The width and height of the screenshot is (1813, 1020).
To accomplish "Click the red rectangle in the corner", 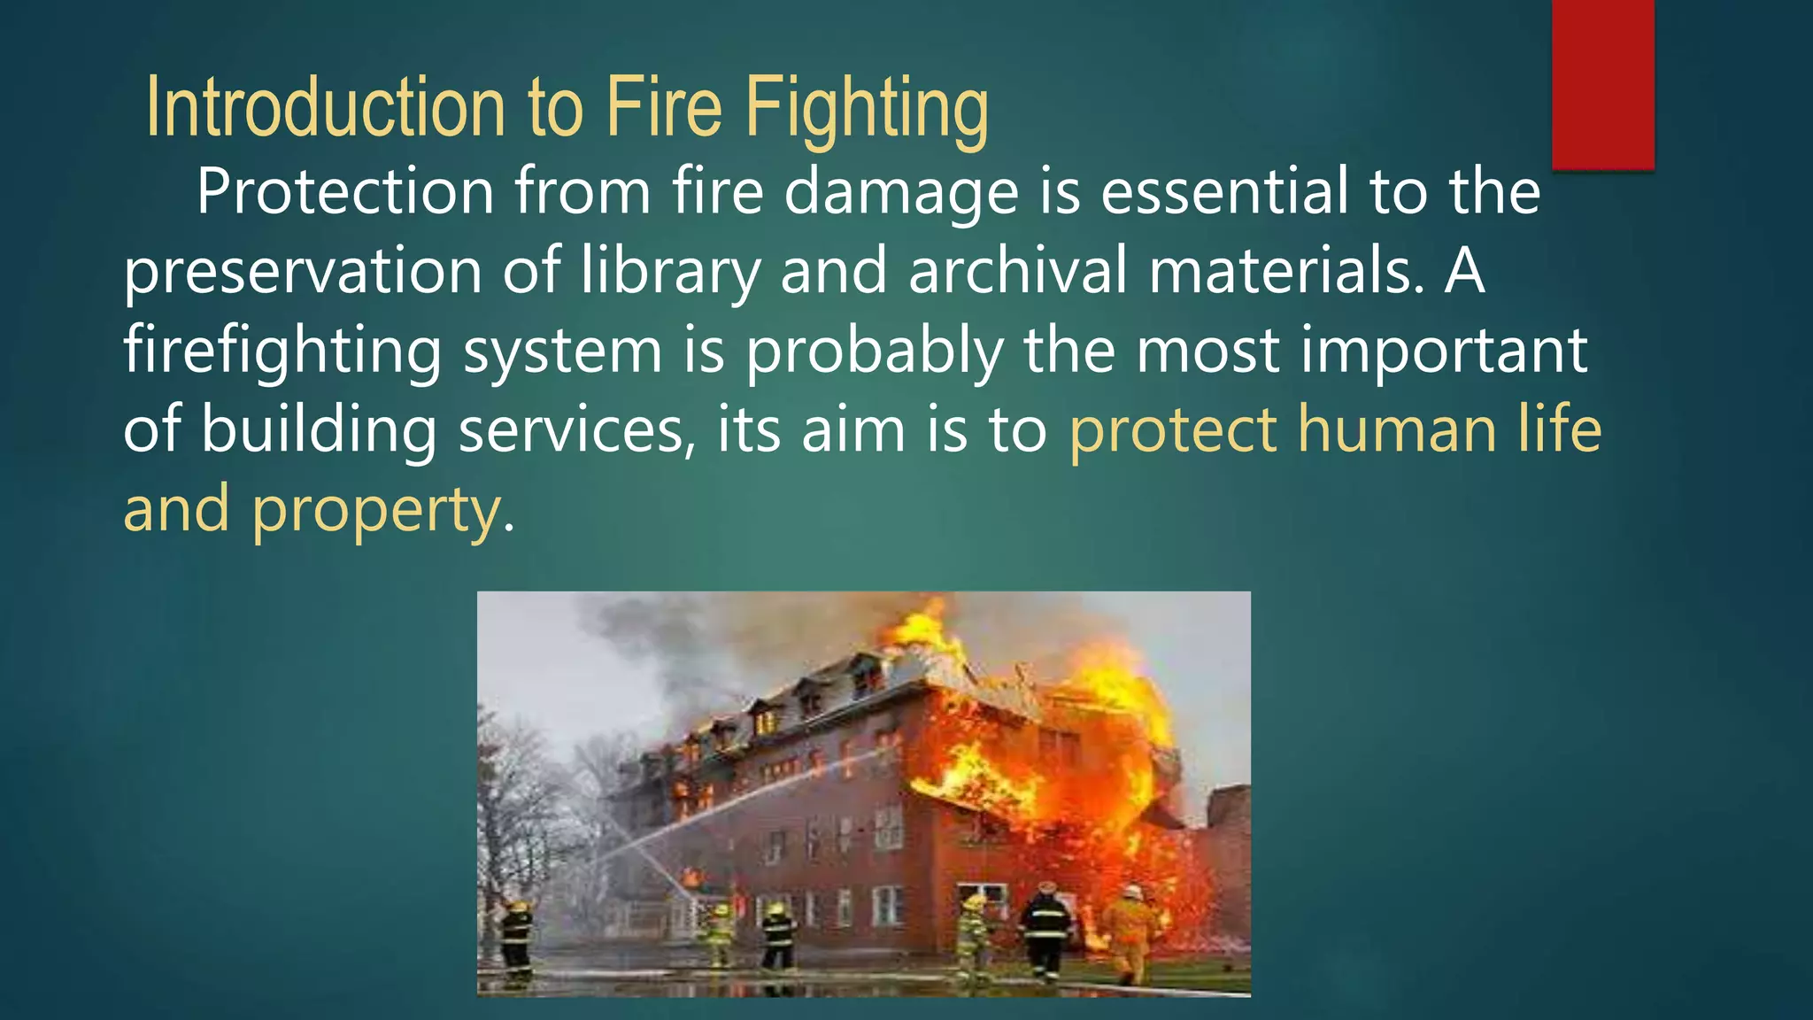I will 1602,84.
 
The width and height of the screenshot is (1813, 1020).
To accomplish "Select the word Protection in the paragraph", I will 345,192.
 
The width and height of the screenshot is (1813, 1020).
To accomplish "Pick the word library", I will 670,271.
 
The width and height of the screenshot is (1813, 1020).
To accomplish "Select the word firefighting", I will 282,351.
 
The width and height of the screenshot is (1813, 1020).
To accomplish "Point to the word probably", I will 874,351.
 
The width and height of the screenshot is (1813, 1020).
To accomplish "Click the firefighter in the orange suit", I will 1128,934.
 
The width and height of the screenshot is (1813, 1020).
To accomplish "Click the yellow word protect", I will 1173,430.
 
